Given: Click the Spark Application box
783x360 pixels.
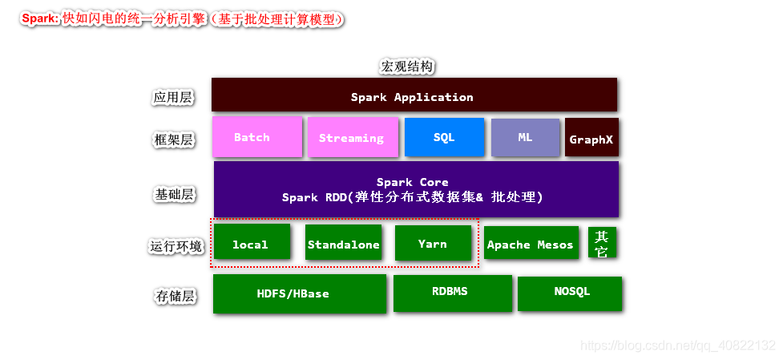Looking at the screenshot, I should [414, 95].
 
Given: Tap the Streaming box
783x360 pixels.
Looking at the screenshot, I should [352, 137].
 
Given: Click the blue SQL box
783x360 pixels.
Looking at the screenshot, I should [444, 137].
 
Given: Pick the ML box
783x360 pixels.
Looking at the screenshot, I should [524, 137].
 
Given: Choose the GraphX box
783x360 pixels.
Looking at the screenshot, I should [591, 138].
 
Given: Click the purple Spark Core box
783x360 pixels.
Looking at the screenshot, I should [415, 189].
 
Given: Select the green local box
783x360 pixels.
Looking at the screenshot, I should [251, 242].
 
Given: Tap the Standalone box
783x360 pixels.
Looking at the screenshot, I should [343, 242].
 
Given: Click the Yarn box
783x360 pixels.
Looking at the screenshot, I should [433, 242].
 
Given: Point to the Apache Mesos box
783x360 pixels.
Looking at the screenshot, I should [531, 243].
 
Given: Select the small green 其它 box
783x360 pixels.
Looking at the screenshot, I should [602, 243].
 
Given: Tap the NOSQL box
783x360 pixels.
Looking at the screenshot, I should [569, 293].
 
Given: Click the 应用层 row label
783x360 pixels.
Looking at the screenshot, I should [172, 97].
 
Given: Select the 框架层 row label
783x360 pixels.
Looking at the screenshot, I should [172, 140].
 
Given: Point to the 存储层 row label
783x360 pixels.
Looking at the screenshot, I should [174, 296].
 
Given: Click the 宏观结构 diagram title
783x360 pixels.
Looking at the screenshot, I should [406, 67].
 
